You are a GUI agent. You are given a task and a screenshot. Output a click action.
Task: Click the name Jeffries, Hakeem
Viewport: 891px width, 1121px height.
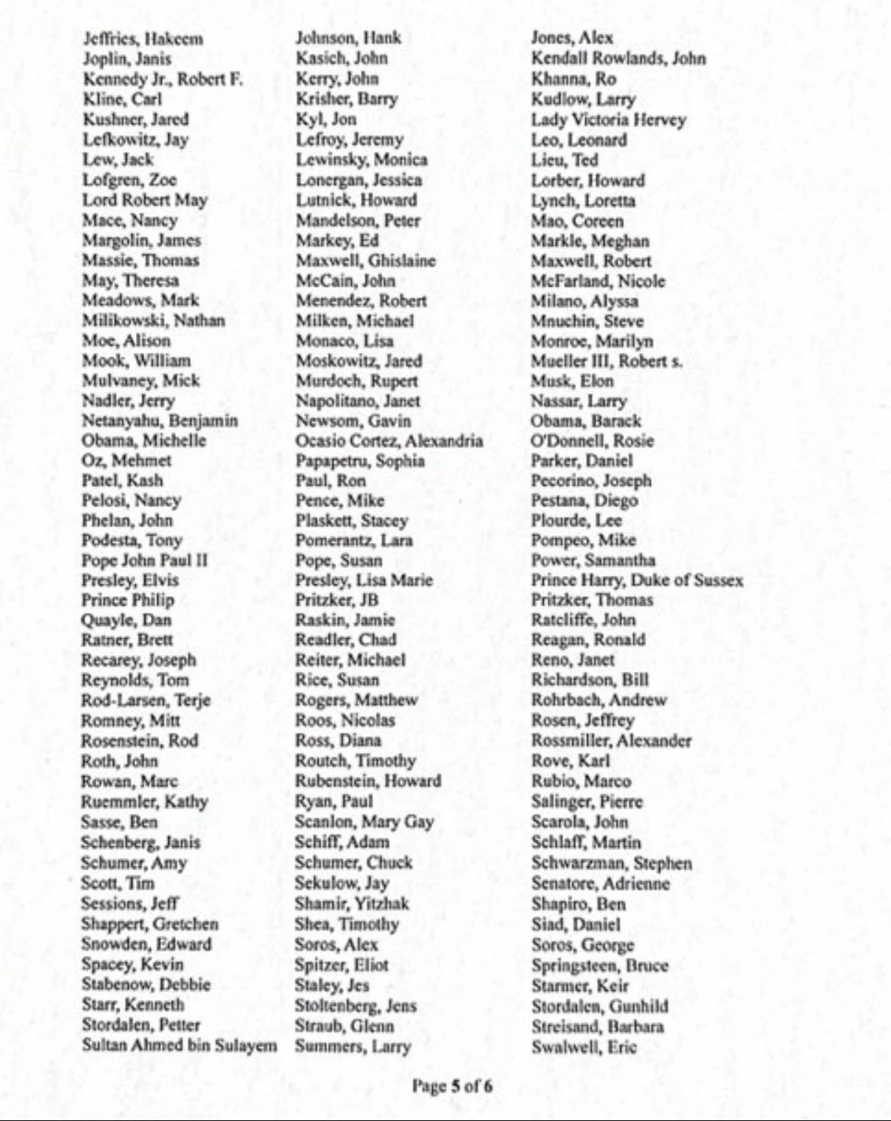tap(143, 38)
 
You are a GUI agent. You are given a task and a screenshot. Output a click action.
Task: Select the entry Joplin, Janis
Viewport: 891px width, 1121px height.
tap(127, 59)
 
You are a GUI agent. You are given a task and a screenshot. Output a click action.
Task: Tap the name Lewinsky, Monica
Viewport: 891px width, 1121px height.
tap(361, 160)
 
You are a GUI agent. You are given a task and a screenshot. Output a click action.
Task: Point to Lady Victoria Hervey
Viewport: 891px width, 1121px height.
tap(608, 120)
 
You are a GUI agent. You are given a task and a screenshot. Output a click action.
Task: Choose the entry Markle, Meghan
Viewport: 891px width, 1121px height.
tap(590, 241)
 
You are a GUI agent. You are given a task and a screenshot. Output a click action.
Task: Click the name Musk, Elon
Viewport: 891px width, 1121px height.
tap(572, 381)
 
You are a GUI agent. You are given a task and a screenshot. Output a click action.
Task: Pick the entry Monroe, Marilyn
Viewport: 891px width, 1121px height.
tap(592, 341)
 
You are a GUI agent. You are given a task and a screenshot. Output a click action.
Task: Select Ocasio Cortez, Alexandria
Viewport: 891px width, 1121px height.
tap(389, 441)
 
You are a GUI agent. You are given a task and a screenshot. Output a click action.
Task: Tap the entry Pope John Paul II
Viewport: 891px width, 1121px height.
tap(144, 560)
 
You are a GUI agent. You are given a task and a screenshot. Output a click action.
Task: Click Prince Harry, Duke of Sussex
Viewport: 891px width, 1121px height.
tap(637, 580)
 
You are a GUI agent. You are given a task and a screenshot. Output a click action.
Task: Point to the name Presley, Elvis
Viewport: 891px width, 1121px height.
tap(130, 580)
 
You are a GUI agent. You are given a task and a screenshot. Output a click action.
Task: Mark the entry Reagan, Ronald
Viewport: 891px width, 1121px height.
tap(588, 640)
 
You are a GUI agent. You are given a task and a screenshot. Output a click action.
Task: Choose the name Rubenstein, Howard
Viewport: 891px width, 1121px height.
tap(368, 781)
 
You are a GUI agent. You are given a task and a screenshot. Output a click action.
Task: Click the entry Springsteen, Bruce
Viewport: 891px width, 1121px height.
tap(599, 965)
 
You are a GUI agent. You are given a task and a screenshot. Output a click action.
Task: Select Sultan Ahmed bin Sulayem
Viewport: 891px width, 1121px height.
tap(180, 1046)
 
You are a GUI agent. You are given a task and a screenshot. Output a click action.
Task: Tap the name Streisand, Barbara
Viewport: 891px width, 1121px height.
tap(597, 1026)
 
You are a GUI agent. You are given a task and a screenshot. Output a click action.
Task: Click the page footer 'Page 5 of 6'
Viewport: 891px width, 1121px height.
tap(452, 1086)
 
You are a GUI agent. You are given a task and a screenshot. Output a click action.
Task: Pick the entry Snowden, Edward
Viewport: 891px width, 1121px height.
tap(146, 945)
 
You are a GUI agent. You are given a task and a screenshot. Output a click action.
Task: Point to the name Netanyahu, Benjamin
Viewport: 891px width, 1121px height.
tap(160, 421)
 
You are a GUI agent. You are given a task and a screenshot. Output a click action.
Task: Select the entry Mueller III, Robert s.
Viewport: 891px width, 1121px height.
tap(606, 361)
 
